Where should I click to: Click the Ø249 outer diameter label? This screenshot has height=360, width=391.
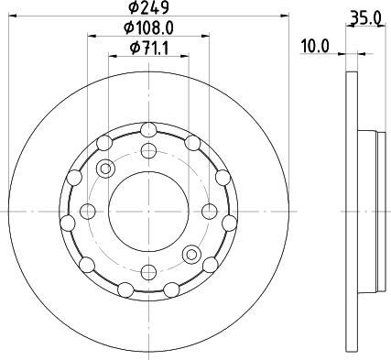pyautogui.click(x=148, y=9)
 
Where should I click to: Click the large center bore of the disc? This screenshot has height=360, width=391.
pyautogui.click(x=147, y=212)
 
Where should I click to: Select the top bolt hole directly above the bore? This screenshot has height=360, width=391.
pyautogui.click(x=147, y=151)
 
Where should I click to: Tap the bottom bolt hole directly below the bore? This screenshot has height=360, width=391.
pyautogui.click(x=147, y=273)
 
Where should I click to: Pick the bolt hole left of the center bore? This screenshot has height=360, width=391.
pyautogui.click(x=87, y=212)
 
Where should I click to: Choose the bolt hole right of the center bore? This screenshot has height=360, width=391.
pyautogui.click(x=208, y=212)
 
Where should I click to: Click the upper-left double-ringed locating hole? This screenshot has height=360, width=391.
pyautogui.click(x=104, y=169)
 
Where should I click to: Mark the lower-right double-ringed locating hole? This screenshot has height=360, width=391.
pyautogui.click(x=190, y=254)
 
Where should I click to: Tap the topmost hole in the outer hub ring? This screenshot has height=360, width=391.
pyautogui.click(x=147, y=131)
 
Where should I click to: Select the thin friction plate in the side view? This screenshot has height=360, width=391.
pyautogui.click(x=353, y=212)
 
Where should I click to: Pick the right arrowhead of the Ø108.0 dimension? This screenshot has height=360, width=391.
pyautogui.click(x=204, y=37)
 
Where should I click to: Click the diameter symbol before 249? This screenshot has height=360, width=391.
pyautogui.click(x=134, y=9)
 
